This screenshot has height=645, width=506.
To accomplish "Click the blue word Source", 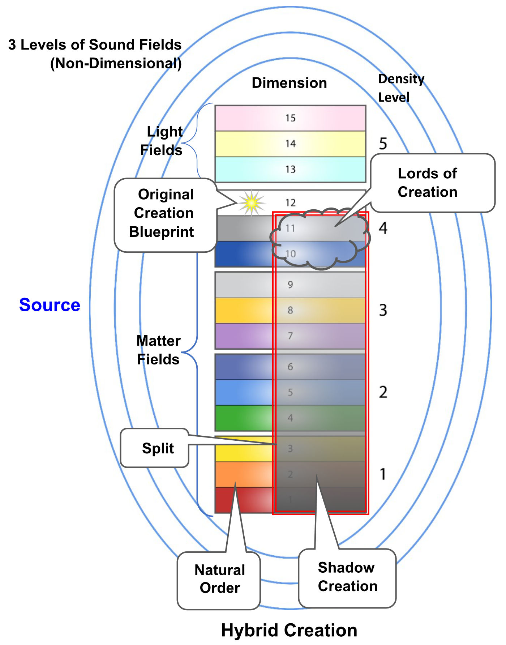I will pyautogui.click(x=50, y=305).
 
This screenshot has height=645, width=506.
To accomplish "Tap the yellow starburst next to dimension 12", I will pyautogui.click(x=251, y=202).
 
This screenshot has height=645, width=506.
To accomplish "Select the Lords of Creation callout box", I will pyautogui.click(x=432, y=183).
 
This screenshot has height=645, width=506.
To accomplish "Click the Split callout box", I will pyautogui.click(x=155, y=448).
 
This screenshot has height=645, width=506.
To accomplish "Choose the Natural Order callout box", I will pyautogui.click(x=219, y=579).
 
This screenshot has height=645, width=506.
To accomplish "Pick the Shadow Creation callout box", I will pyautogui.click(x=347, y=577).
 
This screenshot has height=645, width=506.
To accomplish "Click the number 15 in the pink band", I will pyautogui.click(x=290, y=118).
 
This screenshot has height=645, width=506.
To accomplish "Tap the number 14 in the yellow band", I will pyautogui.click(x=290, y=144).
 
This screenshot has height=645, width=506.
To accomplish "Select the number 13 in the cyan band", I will pyautogui.click(x=290, y=170).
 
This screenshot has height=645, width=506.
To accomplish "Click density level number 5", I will pyautogui.click(x=383, y=144).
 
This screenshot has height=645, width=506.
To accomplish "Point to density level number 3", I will pyautogui.click(x=383, y=310).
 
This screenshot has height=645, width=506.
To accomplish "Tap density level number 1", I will pyautogui.click(x=383, y=474).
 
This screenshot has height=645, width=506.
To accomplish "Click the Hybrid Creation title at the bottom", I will pyautogui.click(x=289, y=630).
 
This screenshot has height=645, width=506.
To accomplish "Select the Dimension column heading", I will pyautogui.click(x=289, y=83).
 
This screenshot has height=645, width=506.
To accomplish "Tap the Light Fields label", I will pyautogui.click(x=162, y=141).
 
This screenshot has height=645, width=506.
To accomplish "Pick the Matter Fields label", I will pyautogui.click(x=158, y=350).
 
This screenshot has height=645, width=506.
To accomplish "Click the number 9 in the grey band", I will pyautogui.click(x=290, y=285).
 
